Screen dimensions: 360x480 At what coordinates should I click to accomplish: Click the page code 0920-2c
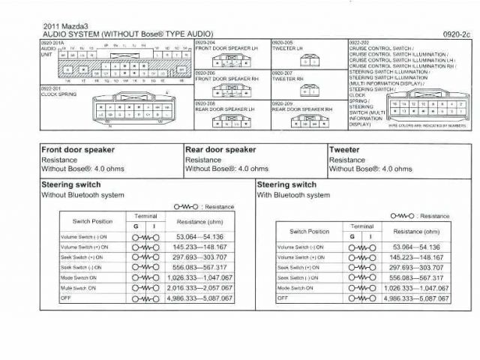[x=455, y=34]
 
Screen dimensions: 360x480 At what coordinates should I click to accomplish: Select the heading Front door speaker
[x=78, y=150]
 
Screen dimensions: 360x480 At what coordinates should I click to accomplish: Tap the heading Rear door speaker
[x=220, y=150]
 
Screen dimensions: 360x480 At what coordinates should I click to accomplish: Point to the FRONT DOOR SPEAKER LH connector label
[x=226, y=49]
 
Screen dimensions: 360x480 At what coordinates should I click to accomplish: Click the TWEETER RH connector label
[x=288, y=78]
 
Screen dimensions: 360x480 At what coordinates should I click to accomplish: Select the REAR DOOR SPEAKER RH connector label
[x=302, y=109]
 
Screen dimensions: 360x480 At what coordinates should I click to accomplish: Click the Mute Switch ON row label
[x=78, y=288]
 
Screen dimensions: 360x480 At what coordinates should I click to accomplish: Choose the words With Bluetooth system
[x=293, y=195]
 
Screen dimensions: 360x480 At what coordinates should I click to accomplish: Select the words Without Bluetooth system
[x=82, y=195]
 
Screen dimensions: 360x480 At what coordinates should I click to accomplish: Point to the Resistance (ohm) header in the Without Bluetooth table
[x=199, y=222]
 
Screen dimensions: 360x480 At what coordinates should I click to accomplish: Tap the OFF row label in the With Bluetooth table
[x=282, y=298]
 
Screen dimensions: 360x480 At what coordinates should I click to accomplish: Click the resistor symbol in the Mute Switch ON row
[x=144, y=288]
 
